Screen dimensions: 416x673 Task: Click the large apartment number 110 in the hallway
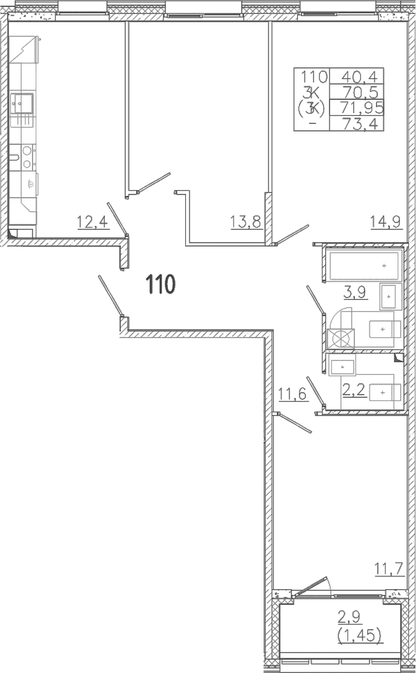point(160,285)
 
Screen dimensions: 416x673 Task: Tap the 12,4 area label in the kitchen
point(92,222)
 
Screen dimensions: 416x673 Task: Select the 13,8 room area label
point(246,222)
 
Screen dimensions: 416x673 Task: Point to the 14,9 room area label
point(385,222)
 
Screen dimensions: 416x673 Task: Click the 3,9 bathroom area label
point(354,292)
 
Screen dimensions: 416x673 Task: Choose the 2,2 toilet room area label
point(354,391)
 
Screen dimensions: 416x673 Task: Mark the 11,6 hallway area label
point(293,394)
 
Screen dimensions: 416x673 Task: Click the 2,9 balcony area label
point(349,618)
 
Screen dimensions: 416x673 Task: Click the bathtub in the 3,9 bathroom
point(364,266)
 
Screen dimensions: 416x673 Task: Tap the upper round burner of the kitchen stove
point(27,151)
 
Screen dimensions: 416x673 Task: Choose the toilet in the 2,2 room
point(385,392)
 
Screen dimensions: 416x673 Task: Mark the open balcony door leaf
point(310,587)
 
